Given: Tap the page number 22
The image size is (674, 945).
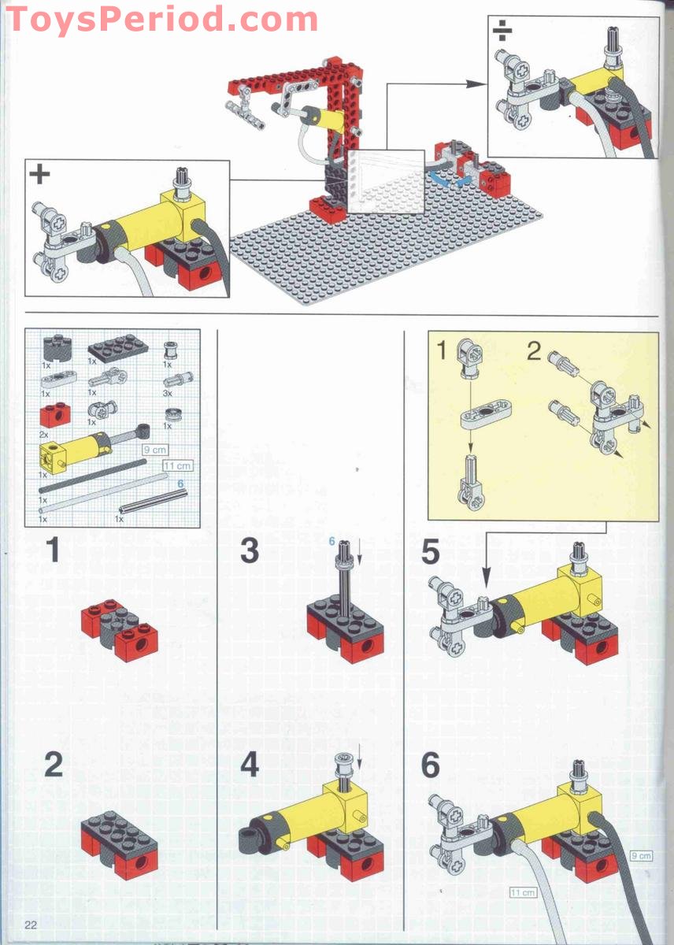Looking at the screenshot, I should pyautogui.click(x=31, y=924).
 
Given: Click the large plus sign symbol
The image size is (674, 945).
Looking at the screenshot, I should pyautogui.click(x=39, y=174).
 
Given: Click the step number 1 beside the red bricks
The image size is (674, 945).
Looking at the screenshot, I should pyautogui.click(x=52, y=550).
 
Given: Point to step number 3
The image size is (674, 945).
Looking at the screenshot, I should pyautogui.click(x=249, y=550).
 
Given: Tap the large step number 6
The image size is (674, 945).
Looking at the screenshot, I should pyautogui.click(x=430, y=765).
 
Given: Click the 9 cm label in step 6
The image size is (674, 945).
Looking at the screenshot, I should pyautogui.click(x=642, y=855).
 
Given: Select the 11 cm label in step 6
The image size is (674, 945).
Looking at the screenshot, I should pyautogui.click(x=523, y=892).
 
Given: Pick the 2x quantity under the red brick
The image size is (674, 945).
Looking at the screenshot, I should pyautogui.click(x=45, y=435).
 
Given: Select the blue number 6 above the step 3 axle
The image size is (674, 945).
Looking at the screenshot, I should pyautogui.click(x=333, y=541).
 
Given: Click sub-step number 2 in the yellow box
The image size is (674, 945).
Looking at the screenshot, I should pyautogui.click(x=534, y=351).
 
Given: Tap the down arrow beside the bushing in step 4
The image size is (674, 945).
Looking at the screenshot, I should pyautogui.click(x=359, y=755).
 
